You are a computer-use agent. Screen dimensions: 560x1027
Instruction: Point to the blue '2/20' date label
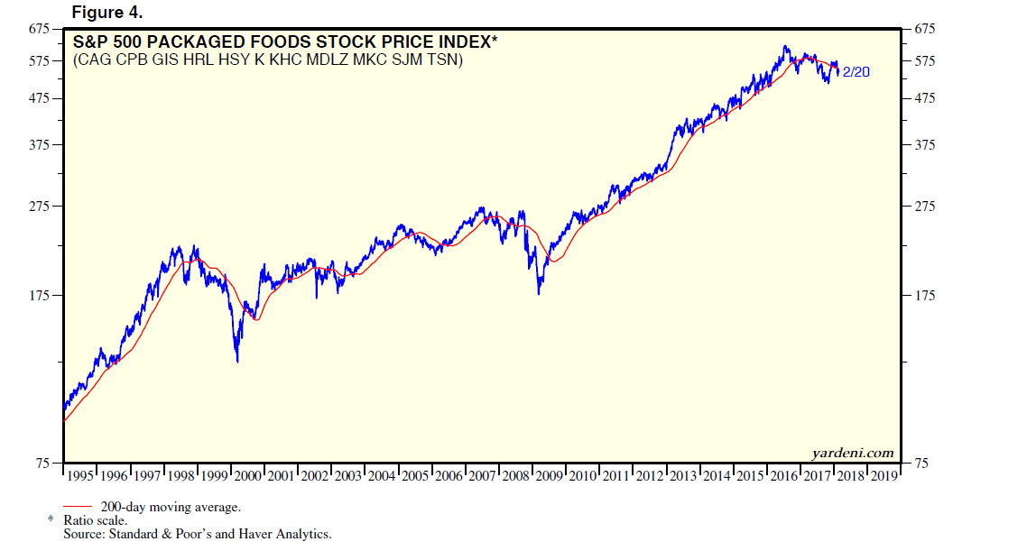coord(856,72)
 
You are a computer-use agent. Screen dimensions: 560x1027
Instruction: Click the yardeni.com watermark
coord(852,453)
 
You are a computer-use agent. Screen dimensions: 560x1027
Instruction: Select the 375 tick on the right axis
coord(926,145)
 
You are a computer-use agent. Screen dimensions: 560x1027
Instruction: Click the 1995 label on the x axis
coord(81,475)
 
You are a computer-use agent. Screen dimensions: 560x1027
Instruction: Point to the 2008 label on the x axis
coord(517,475)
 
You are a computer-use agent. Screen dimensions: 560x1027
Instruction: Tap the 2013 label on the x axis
coord(683,475)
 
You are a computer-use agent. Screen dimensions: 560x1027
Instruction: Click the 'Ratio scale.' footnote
coord(95,521)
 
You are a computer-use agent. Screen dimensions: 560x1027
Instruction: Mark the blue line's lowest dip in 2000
coord(237,362)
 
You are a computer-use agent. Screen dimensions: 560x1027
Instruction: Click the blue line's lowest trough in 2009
coord(539,294)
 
